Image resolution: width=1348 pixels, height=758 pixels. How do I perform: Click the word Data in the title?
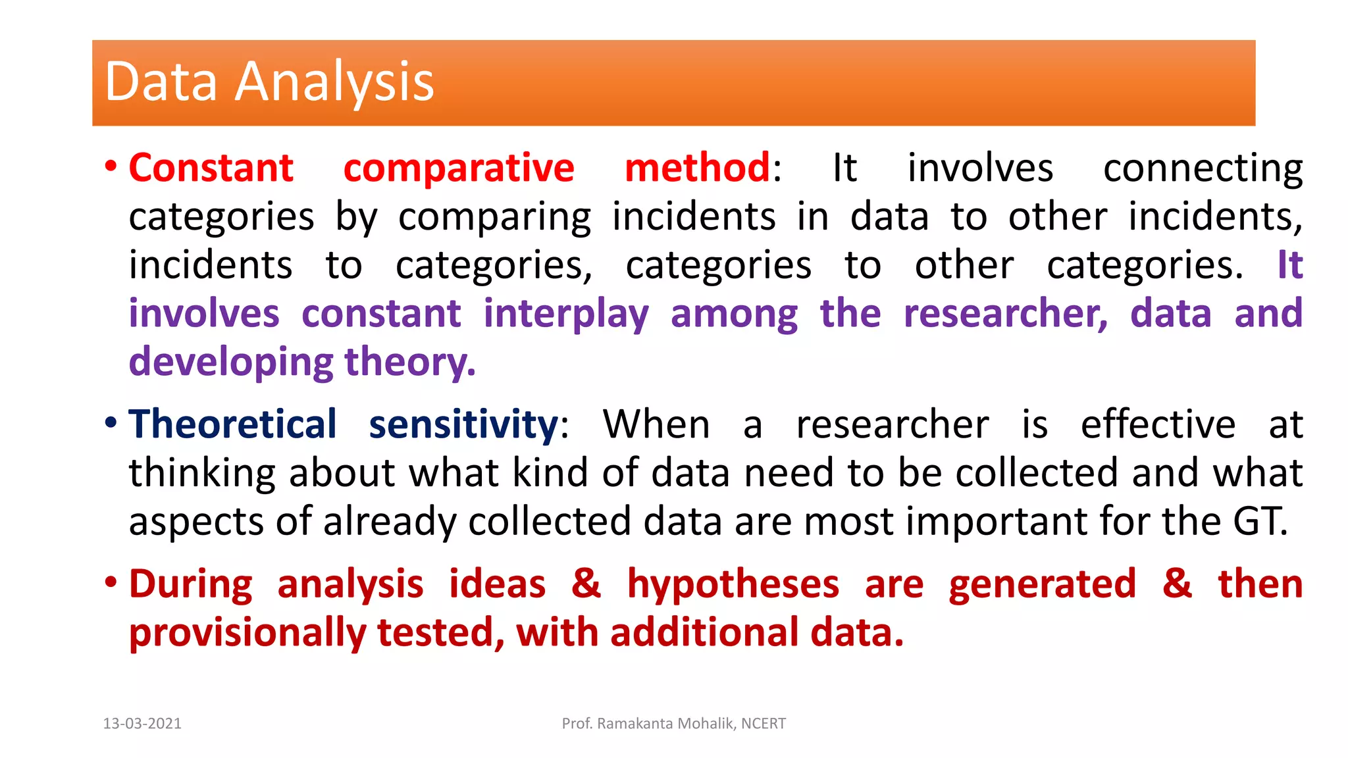click(161, 82)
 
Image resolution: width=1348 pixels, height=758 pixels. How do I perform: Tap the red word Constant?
click(211, 168)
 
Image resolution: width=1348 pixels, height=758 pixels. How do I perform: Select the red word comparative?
click(459, 169)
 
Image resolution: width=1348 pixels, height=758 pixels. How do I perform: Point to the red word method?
click(697, 168)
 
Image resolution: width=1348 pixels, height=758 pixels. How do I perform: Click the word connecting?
click(1203, 169)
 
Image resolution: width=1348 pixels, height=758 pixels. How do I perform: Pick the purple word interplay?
click(566, 315)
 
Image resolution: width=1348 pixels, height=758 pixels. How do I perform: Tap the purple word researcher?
click(1005, 314)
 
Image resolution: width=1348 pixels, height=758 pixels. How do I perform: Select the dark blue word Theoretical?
click(232, 424)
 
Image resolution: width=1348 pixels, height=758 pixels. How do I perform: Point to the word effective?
click(1158, 424)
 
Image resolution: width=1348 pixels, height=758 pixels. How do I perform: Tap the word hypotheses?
click(733, 585)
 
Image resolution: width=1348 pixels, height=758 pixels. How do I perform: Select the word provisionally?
click(247, 634)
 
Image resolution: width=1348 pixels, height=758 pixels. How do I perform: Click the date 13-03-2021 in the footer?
click(142, 724)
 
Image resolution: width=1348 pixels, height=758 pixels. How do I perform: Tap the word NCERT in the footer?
click(764, 724)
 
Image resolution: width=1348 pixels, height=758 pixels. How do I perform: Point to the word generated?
click(1042, 585)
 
